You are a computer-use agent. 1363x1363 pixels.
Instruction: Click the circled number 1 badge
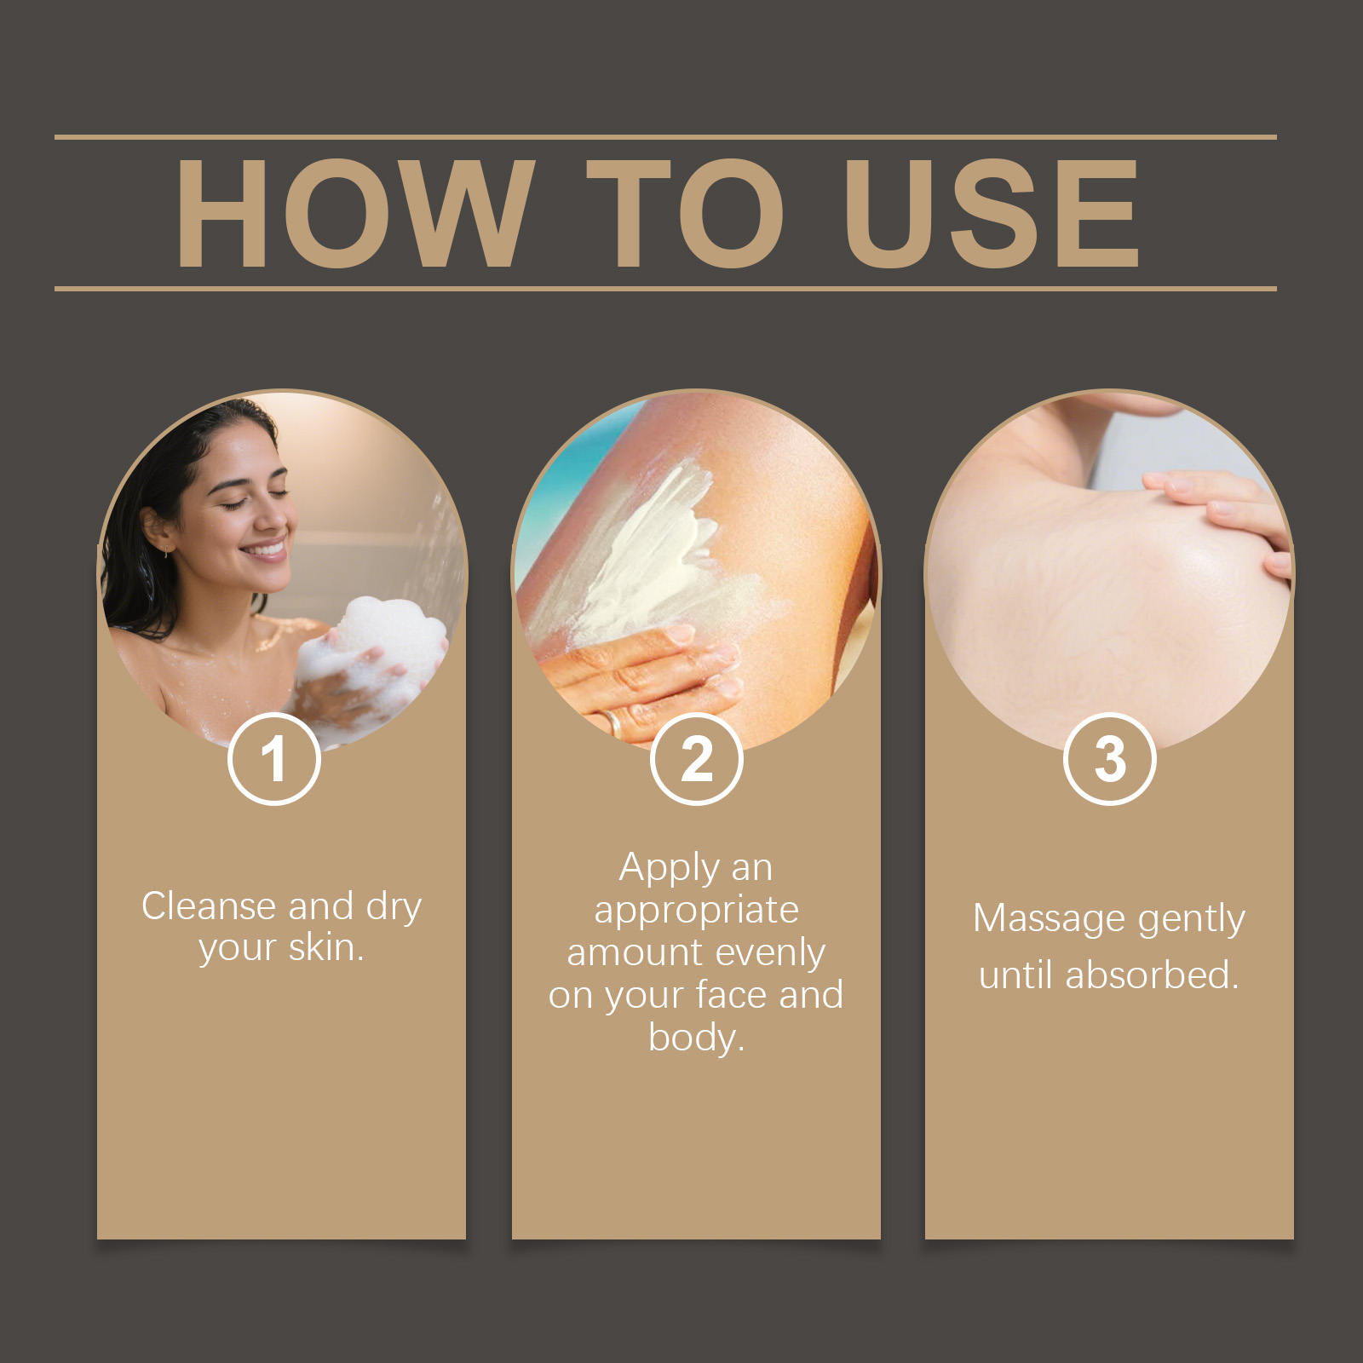coord(273,759)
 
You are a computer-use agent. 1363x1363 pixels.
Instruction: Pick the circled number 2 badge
coord(696,759)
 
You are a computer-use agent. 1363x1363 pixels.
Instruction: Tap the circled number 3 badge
coord(1110,759)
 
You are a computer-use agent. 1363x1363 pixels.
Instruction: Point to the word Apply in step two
coord(670,869)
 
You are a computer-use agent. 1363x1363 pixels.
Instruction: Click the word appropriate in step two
coord(696,911)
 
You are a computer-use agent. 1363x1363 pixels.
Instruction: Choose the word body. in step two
coord(696,1038)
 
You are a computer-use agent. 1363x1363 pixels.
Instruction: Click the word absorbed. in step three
coord(1152,975)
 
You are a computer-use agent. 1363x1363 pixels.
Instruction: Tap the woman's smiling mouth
coord(265,550)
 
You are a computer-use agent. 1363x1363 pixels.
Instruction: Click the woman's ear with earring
coord(154,529)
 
